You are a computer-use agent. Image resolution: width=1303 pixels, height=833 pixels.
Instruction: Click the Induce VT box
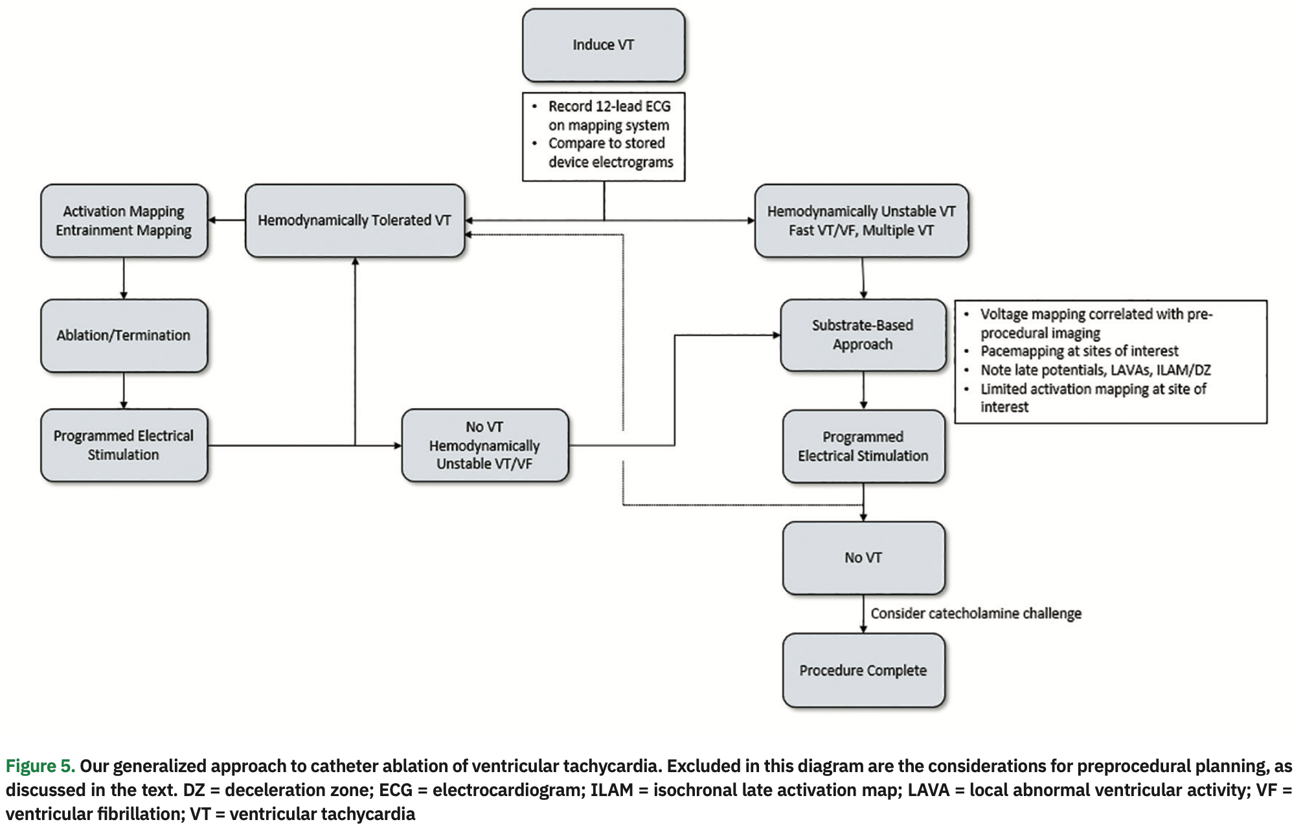[603, 45]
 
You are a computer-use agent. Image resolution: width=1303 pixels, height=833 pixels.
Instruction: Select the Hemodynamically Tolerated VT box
[354, 221]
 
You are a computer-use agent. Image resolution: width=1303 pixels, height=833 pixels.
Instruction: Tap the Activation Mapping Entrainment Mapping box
[124, 221]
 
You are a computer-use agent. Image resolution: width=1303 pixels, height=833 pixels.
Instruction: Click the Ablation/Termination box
[124, 336]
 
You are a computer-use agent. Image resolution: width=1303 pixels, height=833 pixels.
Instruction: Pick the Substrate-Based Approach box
[863, 335]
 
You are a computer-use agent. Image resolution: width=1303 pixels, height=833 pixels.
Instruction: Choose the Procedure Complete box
[863, 670]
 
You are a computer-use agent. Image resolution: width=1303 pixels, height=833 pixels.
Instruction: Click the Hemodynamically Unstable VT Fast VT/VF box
[861, 221]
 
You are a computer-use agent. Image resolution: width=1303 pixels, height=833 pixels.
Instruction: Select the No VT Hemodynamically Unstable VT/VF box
[484, 446]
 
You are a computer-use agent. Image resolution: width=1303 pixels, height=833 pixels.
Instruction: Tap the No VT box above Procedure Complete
[863, 558]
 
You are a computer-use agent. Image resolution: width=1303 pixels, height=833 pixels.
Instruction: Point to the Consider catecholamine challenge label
[975, 613]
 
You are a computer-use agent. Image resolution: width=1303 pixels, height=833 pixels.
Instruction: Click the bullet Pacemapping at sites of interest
[1079, 351]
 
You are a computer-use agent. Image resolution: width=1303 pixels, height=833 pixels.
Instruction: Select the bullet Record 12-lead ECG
[609, 115]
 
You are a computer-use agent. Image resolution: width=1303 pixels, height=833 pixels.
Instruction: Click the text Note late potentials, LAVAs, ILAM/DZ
[1094, 371]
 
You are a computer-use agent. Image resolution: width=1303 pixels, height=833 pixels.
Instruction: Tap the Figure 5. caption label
[40, 766]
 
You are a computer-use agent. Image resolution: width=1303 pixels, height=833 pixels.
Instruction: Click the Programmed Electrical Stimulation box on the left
[124, 446]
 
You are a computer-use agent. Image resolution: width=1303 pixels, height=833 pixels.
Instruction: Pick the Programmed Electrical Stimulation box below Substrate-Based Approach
[863, 446]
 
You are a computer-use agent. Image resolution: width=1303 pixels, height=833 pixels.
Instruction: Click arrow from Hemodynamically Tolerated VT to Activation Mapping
[227, 221]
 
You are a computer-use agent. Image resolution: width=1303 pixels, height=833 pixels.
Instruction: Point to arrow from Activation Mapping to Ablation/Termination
[124, 279]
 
